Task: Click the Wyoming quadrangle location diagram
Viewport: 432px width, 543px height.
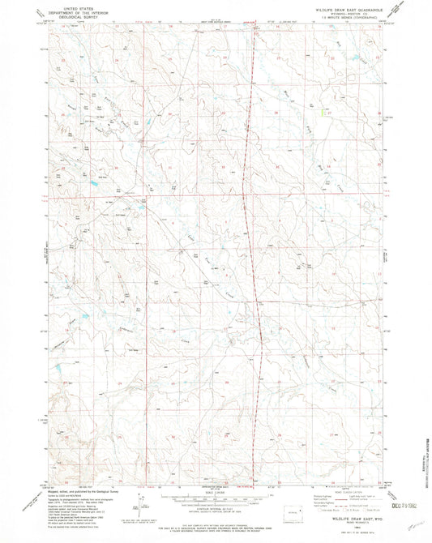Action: click(x=293, y=513)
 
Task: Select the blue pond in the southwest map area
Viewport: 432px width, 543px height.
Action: click(x=59, y=370)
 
